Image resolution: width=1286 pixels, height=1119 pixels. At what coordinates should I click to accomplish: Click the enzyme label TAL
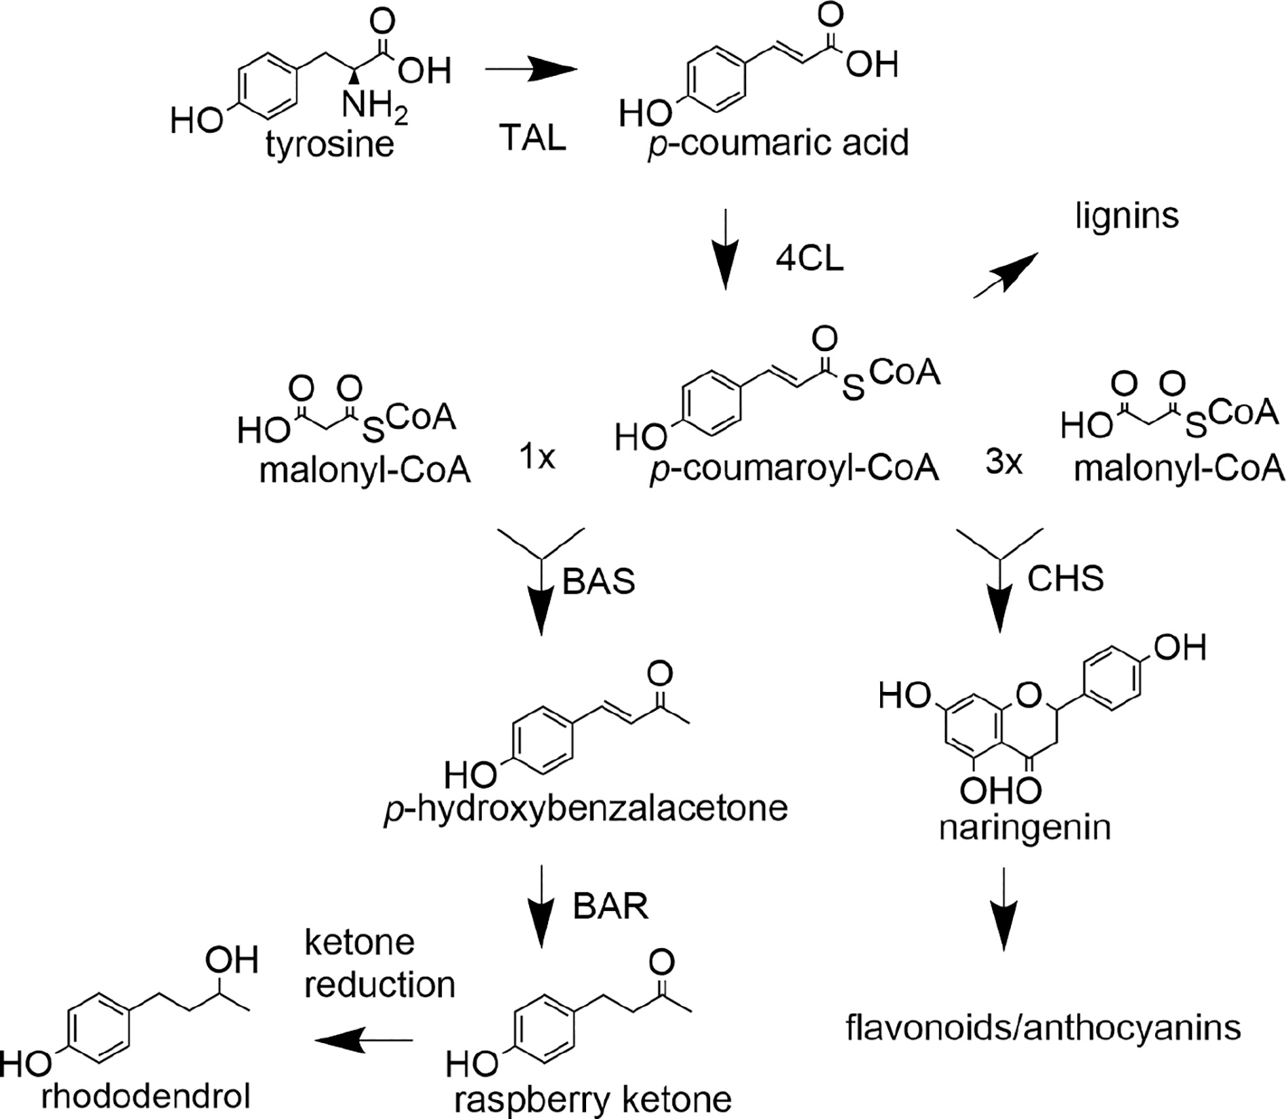pyautogui.click(x=533, y=139)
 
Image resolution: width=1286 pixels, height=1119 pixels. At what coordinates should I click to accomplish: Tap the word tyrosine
pyautogui.click(x=330, y=145)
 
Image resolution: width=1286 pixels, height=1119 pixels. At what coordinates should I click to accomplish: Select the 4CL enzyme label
pyautogui.click(x=810, y=260)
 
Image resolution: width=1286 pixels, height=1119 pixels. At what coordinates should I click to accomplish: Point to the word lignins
pyautogui.click(x=1127, y=216)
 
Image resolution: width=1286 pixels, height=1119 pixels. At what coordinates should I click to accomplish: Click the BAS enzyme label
pyautogui.click(x=599, y=581)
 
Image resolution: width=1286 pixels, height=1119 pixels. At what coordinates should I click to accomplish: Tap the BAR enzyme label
pyautogui.click(x=610, y=906)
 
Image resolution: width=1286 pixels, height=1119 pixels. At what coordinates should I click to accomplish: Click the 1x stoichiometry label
pyautogui.click(x=537, y=459)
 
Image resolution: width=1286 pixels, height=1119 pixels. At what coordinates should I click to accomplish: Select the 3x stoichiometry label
pyautogui.click(x=1003, y=464)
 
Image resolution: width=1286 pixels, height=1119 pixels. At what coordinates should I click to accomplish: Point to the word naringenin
pyautogui.click(x=1024, y=828)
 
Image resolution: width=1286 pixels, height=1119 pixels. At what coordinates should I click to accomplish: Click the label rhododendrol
pyautogui.click(x=146, y=1096)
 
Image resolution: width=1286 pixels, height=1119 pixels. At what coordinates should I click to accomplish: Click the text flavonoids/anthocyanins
pyautogui.click(x=1043, y=1028)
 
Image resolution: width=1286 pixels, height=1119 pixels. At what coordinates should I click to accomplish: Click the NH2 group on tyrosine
pyautogui.click(x=373, y=106)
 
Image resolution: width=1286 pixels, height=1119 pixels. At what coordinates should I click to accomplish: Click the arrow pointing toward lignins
pyautogui.click(x=1006, y=273)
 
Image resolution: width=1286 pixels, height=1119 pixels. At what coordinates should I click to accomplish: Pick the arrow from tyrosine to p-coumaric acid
pyautogui.click(x=531, y=69)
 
